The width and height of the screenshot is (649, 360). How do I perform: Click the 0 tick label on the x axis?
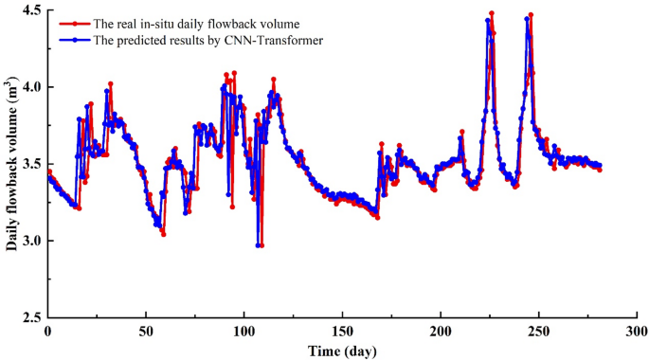[47, 331]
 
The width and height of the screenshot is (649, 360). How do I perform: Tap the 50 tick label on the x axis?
[146, 331]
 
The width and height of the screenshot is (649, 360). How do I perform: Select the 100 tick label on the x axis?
[244, 331]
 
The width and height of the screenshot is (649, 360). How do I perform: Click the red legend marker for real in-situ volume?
[73, 24]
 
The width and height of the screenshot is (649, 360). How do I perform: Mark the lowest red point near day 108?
[261, 245]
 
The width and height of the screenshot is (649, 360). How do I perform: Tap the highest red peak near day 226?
[492, 13]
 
